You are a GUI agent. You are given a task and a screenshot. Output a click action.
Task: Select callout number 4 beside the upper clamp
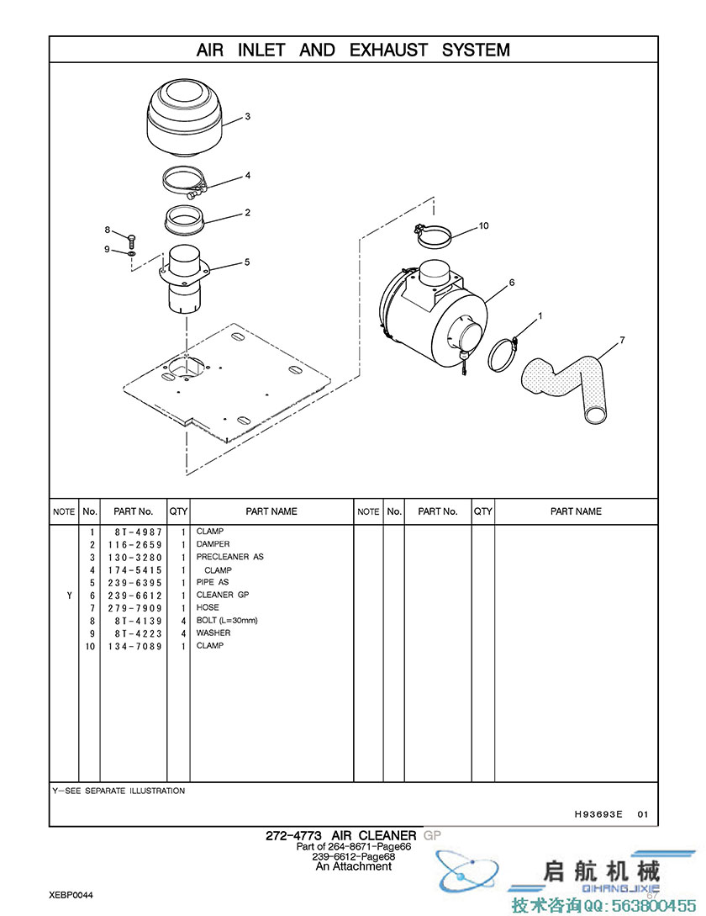(x=248, y=175)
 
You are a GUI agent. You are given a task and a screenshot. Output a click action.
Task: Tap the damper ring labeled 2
(x=184, y=220)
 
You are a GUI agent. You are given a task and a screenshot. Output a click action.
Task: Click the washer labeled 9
(x=131, y=254)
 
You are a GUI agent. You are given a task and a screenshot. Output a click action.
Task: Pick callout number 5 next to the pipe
(x=247, y=262)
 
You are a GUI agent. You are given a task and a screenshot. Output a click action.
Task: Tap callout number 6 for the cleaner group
(x=512, y=283)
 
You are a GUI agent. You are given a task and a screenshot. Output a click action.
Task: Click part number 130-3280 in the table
(x=134, y=558)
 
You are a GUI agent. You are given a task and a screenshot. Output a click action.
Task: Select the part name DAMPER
(x=213, y=544)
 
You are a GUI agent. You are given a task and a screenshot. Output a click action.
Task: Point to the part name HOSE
(x=208, y=607)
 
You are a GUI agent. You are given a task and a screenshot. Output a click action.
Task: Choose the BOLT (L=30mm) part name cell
(x=227, y=621)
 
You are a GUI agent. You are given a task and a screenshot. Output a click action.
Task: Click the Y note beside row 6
(x=70, y=596)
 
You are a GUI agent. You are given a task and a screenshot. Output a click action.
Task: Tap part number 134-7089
(x=134, y=646)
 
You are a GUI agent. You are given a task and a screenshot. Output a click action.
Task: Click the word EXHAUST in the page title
(x=388, y=50)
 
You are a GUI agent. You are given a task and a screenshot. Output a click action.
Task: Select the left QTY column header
(x=178, y=511)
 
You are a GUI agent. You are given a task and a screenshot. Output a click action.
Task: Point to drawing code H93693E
(x=598, y=813)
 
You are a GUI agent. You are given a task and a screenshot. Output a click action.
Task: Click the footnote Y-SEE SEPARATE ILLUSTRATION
(x=119, y=791)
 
